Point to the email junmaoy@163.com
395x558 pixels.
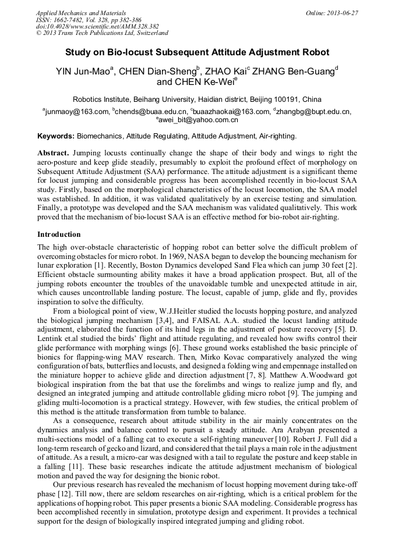point(76,112)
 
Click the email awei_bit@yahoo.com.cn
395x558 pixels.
point(198,120)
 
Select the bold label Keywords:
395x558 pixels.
point(55,136)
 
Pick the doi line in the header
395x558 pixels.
point(97,26)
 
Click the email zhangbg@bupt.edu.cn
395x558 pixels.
point(313,112)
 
